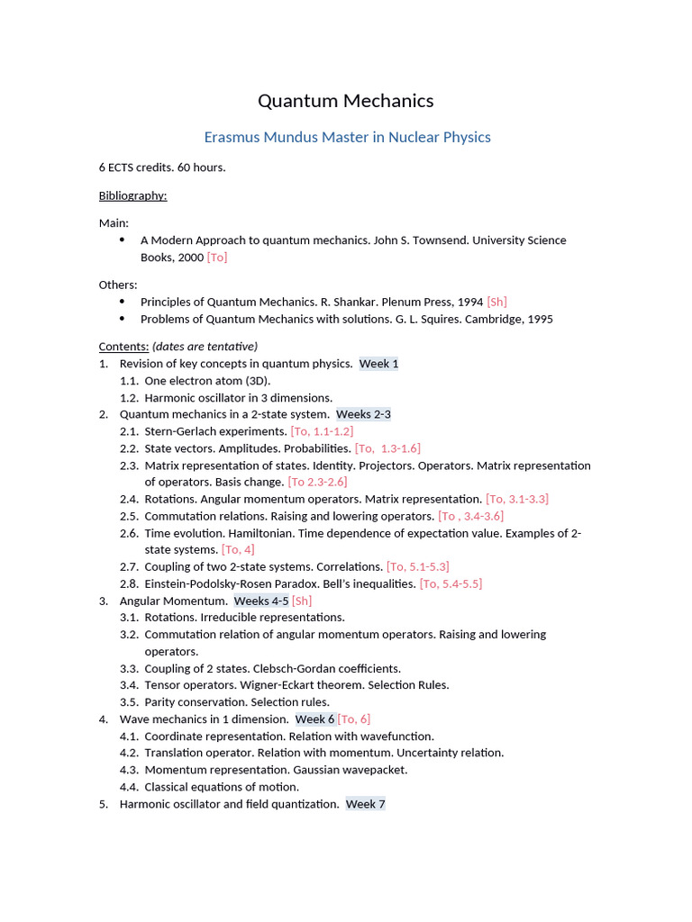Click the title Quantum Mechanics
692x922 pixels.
pos(346,101)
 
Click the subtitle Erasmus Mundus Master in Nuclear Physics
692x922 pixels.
pos(347,137)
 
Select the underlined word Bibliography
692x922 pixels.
pos(132,195)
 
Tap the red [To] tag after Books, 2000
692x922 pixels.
pos(217,258)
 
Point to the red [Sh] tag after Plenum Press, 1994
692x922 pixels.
pos(496,302)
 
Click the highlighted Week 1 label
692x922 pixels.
pos(378,364)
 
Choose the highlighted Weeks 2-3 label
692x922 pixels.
pos(363,414)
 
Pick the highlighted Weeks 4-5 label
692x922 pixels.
pos(261,601)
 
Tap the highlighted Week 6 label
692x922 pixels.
pos(314,719)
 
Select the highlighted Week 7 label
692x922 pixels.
pos(365,804)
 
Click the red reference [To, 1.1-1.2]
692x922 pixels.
pos(322,431)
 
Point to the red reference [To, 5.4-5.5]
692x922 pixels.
pos(451,583)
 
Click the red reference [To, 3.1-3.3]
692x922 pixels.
pos(517,499)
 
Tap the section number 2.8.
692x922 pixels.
pos(129,583)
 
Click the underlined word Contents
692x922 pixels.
pos(123,347)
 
